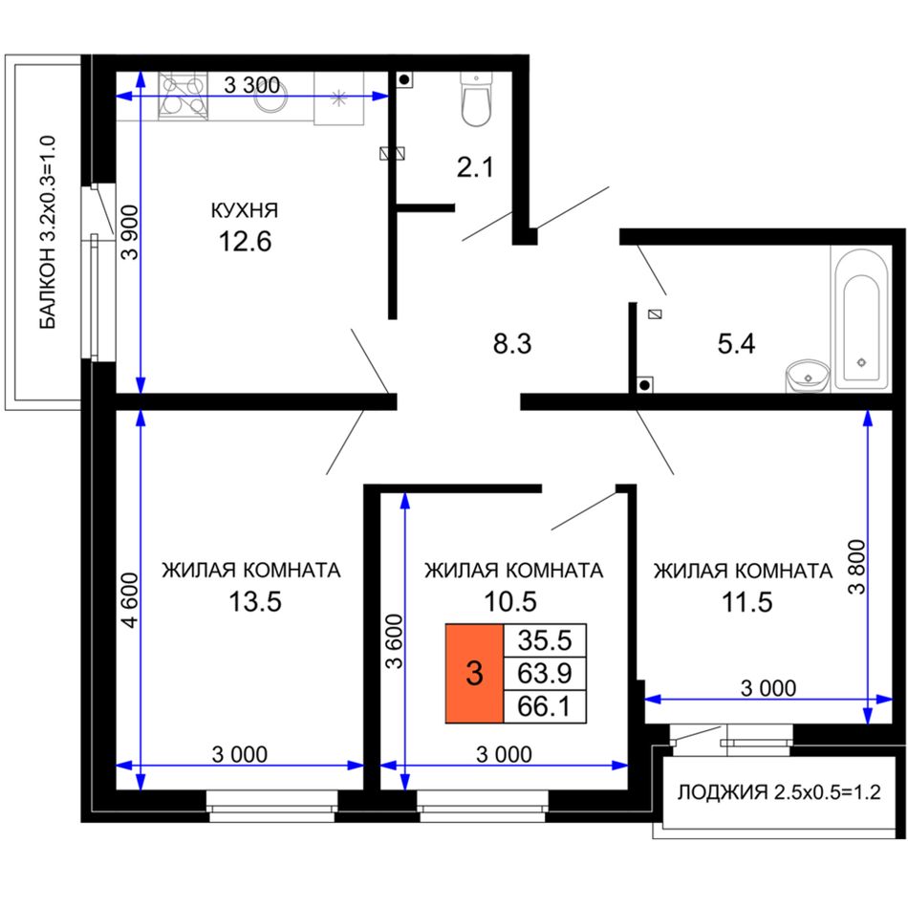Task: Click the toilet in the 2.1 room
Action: click(476, 98)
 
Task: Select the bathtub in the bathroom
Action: click(861, 319)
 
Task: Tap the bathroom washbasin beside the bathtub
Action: click(808, 376)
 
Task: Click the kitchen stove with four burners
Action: click(183, 96)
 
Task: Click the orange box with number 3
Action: click(474, 674)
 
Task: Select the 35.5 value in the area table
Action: click(545, 640)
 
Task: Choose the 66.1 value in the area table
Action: click(545, 706)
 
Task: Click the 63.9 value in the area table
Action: click(545, 674)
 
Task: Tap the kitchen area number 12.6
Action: click(245, 242)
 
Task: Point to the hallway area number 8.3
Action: click(512, 343)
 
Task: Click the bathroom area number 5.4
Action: click(736, 344)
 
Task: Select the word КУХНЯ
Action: click(245, 210)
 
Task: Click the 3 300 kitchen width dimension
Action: click(252, 85)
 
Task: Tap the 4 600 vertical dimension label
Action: click(132, 600)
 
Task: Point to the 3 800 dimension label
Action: click(856, 567)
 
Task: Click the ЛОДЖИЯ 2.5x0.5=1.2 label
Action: click(779, 791)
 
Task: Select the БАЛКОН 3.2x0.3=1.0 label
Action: click(48, 233)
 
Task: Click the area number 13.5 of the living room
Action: click(255, 601)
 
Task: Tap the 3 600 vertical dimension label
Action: click(395, 641)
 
